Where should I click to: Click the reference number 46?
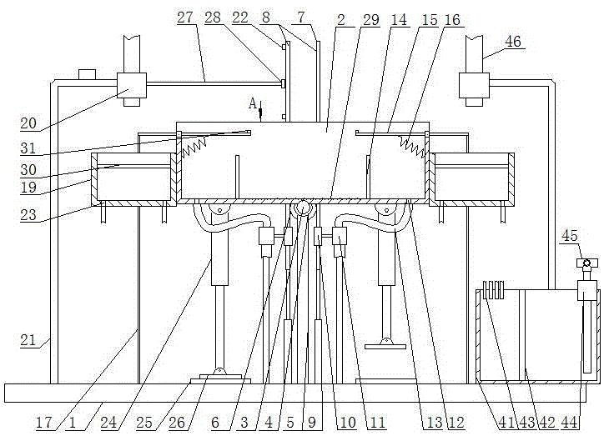point(513,41)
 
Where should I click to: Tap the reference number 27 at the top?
point(185,18)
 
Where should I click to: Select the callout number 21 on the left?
point(28,340)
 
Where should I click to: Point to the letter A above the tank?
point(253,103)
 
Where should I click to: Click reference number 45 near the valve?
point(569,235)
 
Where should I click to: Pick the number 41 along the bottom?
point(506,422)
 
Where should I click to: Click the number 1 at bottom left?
point(73,422)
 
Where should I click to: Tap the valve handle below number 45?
point(586,263)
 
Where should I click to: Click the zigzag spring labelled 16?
point(413,148)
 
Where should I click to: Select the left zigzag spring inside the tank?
point(194,148)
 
